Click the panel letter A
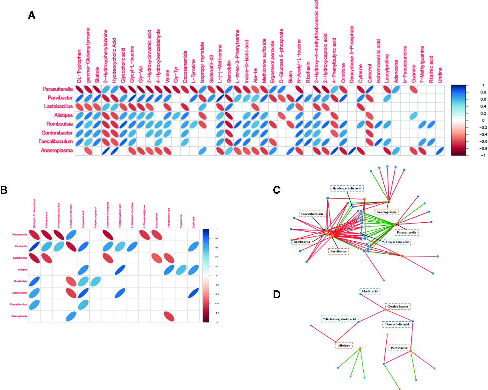click(32, 16)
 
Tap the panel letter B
click(4, 190)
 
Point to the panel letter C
click(277, 190)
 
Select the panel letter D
click(277, 294)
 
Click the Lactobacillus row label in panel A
click(58, 106)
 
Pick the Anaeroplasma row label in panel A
click(57, 151)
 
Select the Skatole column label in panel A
click(97, 75)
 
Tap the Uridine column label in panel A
click(440, 75)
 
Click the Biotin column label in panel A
click(291, 77)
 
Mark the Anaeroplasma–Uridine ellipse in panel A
click(440, 151)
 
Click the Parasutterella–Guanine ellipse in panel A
click(414, 89)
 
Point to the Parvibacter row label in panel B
click(21, 246)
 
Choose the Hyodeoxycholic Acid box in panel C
click(347, 188)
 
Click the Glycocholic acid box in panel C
click(397, 242)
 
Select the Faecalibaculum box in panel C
click(312, 214)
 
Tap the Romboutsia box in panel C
click(302, 242)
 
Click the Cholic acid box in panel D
click(370, 291)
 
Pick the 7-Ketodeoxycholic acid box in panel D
click(339, 319)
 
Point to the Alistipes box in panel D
click(344, 345)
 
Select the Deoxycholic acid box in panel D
click(397, 324)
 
